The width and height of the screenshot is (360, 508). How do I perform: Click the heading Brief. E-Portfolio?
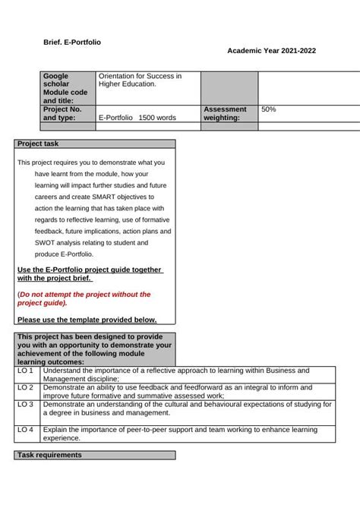click(x=71, y=43)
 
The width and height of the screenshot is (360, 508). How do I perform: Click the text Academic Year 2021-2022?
click(x=271, y=50)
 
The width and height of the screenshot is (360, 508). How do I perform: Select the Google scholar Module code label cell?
click(x=67, y=88)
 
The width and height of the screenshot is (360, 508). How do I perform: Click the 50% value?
click(x=269, y=109)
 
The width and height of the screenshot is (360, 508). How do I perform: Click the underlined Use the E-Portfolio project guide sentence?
click(x=90, y=273)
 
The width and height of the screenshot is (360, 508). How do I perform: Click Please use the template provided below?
click(x=87, y=320)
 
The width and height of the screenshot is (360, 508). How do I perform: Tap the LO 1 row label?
click(x=26, y=371)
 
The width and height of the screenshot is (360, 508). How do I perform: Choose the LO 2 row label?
click(x=26, y=387)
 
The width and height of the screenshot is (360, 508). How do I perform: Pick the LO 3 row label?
click(x=26, y=405)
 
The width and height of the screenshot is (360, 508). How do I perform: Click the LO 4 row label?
click(x=26, y=430)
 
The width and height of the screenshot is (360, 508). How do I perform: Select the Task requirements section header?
click(x=49, y=455)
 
